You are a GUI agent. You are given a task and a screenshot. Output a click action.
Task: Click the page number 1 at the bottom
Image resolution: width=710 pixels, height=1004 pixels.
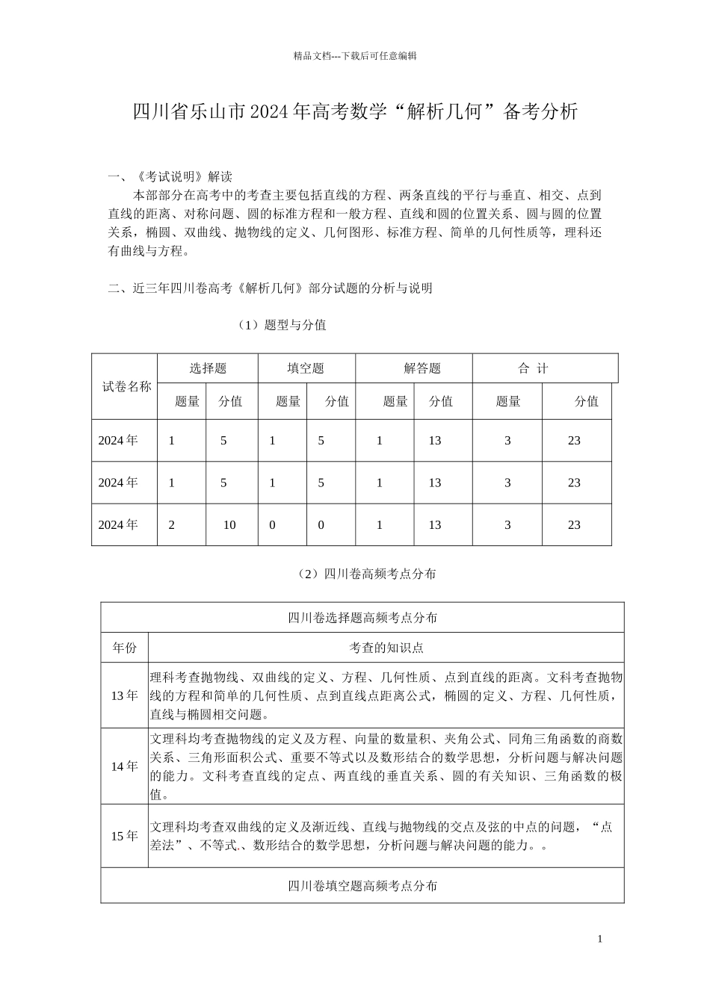(600, 939)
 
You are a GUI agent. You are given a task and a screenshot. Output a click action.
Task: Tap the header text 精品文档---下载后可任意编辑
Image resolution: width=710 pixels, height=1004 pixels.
(355, 55)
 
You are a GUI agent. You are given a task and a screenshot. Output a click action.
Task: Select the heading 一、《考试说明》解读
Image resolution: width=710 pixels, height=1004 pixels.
(170, 177)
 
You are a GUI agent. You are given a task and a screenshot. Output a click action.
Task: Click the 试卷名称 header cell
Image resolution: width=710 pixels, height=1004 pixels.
(126, 386)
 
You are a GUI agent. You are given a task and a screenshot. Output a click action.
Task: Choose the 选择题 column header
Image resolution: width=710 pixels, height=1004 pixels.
(208, 368)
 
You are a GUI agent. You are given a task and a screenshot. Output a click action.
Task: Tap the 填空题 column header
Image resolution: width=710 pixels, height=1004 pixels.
(306, 368)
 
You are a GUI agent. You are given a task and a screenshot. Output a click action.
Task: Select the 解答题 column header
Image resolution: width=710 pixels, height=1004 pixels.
(422, 368)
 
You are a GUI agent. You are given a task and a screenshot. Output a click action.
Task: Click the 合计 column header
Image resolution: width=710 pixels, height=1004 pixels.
(534, 368)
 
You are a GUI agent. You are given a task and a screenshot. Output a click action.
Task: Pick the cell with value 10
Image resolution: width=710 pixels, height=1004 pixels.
(229, 525)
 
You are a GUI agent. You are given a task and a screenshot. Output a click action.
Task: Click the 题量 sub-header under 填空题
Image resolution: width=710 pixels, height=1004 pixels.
(288, 401)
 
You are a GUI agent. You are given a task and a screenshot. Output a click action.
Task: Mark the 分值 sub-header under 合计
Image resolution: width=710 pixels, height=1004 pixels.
(587, 401)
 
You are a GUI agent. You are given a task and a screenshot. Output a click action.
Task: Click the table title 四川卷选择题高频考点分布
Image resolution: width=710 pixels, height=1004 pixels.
(362, 618)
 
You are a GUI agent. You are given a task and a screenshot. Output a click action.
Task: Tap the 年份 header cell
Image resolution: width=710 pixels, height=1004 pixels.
(125, 648)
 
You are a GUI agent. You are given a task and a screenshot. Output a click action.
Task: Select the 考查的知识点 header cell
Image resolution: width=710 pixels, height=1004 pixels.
(386, 648)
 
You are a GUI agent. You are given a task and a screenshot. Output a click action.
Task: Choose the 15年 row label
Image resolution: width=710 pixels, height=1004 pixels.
(125, 836)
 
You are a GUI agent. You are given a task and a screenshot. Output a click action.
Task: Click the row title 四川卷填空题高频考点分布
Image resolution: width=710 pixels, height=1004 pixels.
(362, 885)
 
